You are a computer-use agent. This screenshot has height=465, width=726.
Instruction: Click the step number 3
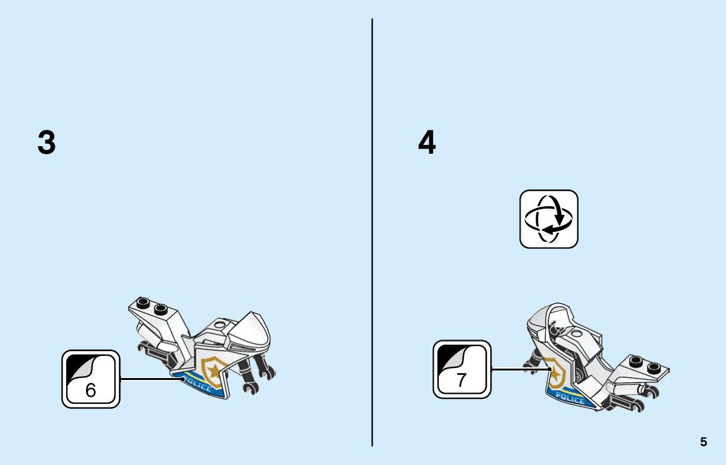tap(46, 142)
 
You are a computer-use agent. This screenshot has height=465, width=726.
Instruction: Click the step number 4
tap(427, 142)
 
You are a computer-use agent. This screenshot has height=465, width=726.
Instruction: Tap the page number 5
tap(703, 442)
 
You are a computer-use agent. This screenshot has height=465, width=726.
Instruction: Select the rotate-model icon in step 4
tap(549, 219)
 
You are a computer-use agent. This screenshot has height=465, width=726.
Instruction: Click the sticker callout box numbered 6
tap(91, 379)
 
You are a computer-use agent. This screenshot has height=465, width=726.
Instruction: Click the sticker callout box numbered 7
tap(462, 370)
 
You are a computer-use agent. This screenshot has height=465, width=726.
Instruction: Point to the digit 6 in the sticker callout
tap(91, 391)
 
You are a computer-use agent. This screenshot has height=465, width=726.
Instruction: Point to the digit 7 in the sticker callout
tap(461, 380)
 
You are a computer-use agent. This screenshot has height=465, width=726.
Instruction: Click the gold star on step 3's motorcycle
tap(214, 370)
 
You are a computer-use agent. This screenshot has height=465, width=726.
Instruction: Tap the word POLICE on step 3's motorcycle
tap(198, 382)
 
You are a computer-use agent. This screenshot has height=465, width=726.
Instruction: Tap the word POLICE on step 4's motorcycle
tap(570, 398)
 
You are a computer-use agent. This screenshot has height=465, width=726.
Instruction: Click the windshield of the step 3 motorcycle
tap(251, 331)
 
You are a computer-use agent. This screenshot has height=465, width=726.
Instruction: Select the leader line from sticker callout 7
tap(521, 369)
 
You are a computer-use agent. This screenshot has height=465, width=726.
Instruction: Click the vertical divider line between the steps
tap(372, 233)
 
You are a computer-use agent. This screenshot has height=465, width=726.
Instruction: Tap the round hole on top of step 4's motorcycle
tap(577, 333)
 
